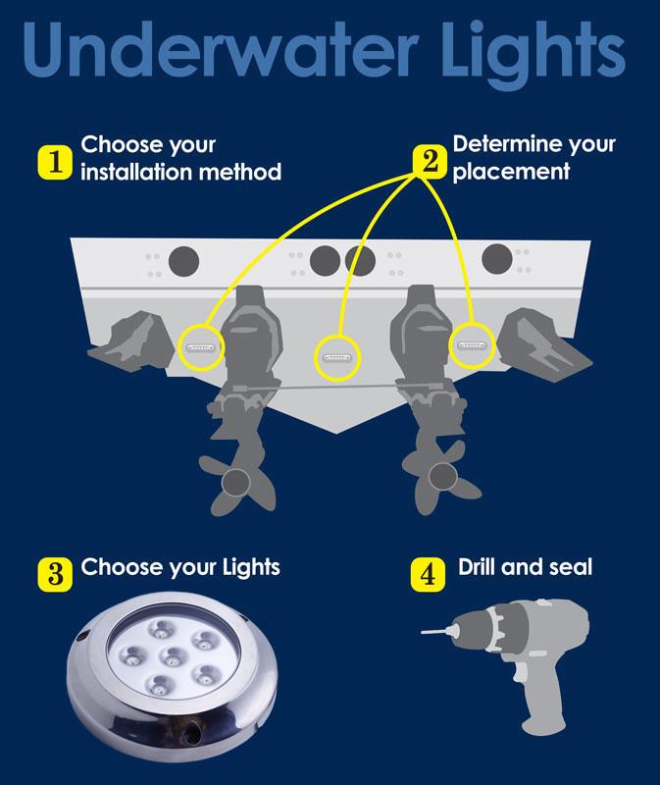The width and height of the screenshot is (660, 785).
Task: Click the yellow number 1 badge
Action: point(55,162)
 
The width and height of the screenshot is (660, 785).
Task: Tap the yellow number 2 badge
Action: point(430,161)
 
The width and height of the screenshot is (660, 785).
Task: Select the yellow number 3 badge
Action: point(55,574)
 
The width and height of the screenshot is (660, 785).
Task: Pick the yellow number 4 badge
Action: point(428,575)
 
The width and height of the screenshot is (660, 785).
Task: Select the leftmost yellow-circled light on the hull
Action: point(200,347)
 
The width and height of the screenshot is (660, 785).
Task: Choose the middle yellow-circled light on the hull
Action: point(337,357)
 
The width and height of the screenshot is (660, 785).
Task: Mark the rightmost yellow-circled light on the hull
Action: point(472,345)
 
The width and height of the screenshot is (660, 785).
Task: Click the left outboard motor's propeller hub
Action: point(235,482)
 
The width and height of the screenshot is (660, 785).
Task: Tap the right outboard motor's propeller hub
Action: point(442,476)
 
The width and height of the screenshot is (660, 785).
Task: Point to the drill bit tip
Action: point(423,632)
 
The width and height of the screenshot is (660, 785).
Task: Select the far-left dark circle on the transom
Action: point(183,261)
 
